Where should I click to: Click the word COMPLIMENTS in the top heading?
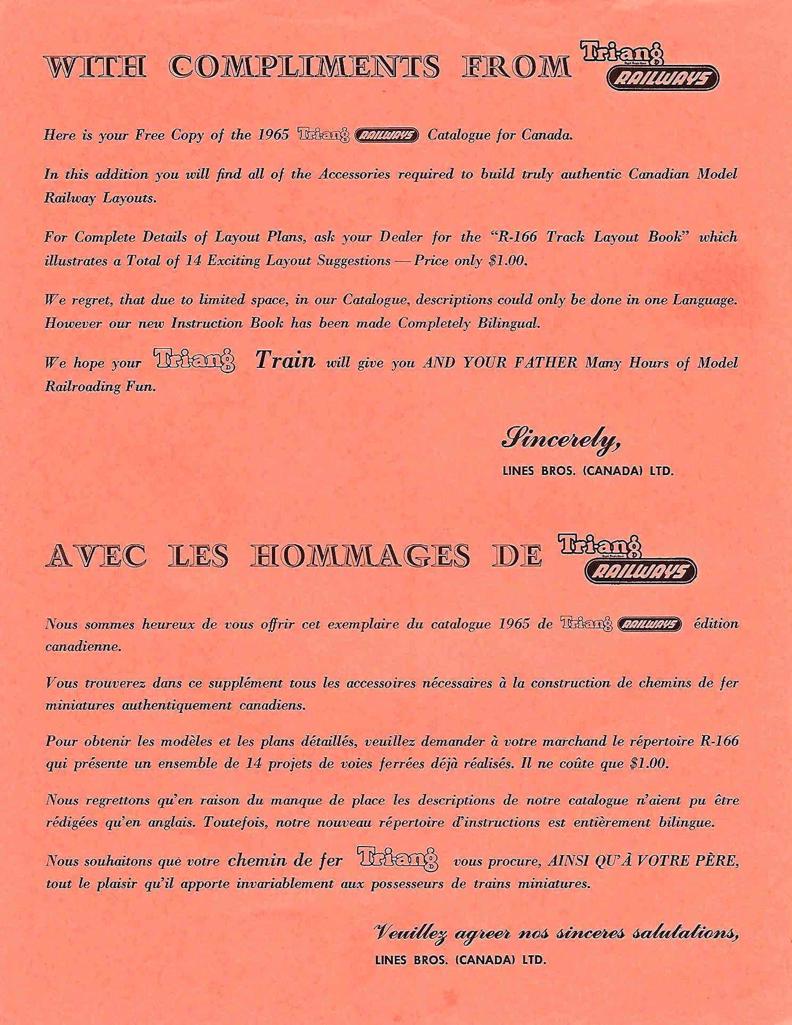(306, 67)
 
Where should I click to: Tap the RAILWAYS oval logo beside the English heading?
(663, 80)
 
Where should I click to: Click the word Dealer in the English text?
(400, 237)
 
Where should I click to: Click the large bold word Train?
(285, 360)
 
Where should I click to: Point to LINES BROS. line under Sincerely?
(588, 471)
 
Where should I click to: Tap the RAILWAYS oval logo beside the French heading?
(640, 571)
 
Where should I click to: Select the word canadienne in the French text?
(83, 647)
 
